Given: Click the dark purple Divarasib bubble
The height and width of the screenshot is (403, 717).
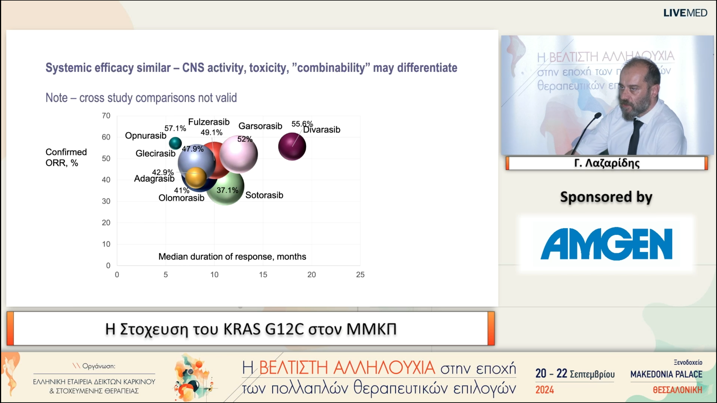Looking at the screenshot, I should [x=292, y=146].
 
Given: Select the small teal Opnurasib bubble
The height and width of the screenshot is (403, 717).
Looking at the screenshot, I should [x=175, y=143].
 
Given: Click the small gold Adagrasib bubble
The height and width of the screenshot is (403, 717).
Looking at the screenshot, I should [x=196, y=177].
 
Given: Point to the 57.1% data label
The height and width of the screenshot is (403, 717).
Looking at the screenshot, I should [x=175, y=128].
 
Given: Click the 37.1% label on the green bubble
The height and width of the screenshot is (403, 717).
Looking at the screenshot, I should [x=227, y=190].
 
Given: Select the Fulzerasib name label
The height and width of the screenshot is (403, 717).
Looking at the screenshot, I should [x=209, y=122].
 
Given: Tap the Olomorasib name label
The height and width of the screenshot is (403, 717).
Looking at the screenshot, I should [x=181, y=198].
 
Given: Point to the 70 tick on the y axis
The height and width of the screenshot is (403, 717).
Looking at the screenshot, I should [x=106, y=116].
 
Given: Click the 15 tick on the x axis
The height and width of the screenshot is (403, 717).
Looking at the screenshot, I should [x=263, y=275].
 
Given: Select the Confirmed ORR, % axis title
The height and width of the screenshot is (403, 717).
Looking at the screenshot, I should [x=66, y=157].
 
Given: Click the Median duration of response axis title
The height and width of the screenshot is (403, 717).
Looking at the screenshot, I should [x=232, y=256].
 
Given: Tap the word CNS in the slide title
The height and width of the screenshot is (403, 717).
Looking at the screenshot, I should [x=193, y=68].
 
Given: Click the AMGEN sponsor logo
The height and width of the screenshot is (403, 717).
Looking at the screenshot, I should [x=606, y=244].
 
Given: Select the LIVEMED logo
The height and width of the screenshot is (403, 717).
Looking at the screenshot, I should [x=685, y=13].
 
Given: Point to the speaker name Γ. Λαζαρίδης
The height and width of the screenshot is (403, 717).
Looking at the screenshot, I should [x=607, y=163].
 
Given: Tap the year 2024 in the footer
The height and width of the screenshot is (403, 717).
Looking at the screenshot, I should [x=544, y=390].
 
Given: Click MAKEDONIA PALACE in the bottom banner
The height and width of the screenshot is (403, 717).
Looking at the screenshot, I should [x=666, y=374].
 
